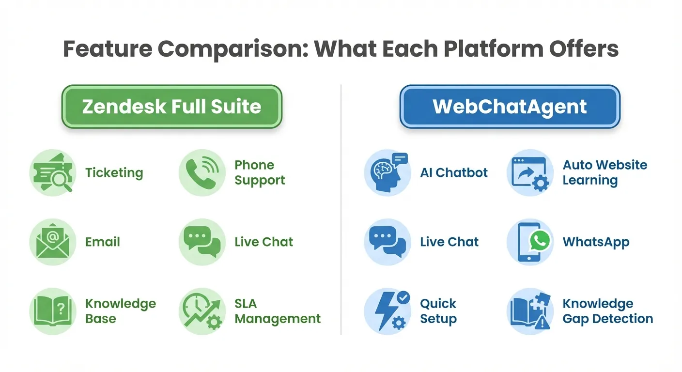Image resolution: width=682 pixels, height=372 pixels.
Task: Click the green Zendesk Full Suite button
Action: [171, 107]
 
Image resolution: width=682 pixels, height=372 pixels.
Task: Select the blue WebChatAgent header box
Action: [510, 107]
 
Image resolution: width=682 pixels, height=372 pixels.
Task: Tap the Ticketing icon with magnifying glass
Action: [52, 173]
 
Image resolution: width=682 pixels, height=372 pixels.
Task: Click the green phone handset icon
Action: [202, 173]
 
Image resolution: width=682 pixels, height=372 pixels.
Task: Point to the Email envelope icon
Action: [52, 242]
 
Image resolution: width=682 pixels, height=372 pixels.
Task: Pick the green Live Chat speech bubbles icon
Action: [202, 242]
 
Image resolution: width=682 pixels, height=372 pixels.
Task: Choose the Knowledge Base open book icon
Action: [52, 311]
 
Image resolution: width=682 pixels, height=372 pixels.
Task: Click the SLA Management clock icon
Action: [202, 311]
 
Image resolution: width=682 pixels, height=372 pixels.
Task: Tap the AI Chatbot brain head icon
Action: [387, 173]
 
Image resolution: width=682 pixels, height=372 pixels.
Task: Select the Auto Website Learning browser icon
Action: [530, 173]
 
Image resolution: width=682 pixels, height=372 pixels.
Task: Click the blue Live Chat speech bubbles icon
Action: [387, 242]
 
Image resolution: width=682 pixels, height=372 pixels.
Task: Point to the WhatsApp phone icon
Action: [530, 242]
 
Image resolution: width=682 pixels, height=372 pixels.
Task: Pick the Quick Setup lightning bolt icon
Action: [387, 311]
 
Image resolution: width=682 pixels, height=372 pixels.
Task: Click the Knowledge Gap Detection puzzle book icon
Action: [530, 311]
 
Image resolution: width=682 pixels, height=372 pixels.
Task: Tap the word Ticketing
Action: [114, 173]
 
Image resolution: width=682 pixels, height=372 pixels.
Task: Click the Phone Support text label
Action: [259, 172]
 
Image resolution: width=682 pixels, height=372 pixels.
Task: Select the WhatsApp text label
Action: [596, 242]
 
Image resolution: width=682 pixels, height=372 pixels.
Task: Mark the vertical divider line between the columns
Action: [341, 208]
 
